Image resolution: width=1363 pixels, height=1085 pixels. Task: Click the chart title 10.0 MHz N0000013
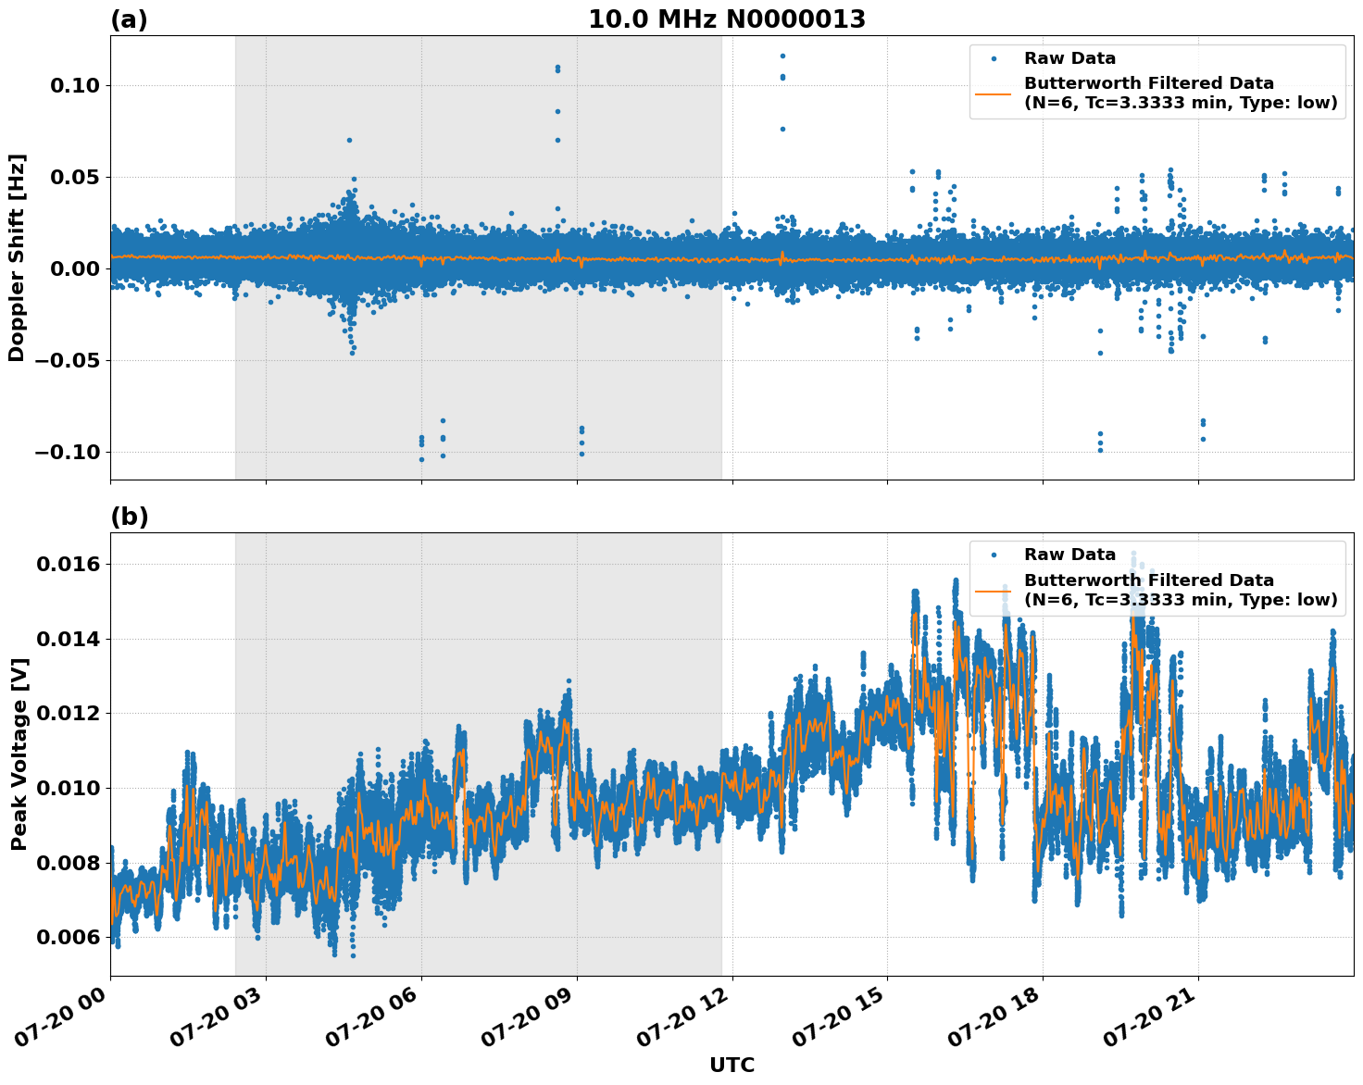[727, 19]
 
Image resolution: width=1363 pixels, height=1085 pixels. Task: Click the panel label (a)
[129, 19]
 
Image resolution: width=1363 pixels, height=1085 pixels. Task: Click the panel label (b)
[129, 517]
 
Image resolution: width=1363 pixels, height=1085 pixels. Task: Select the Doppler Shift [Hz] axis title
[17, 257]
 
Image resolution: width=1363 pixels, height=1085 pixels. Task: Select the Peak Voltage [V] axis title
[19, 754]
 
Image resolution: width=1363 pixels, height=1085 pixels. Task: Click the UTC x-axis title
[732, 1065]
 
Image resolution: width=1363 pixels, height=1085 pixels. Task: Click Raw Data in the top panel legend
[1069, 58]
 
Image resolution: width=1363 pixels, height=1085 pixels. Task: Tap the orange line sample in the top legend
[994, 94]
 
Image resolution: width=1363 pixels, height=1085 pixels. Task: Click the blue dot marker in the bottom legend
[994, 555]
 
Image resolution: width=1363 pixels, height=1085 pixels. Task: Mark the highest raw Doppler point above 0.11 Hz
[782, 56]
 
